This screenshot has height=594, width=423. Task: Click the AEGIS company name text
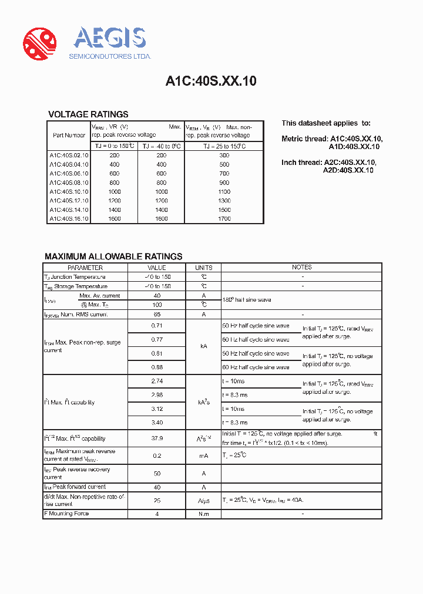(x=109, y=38)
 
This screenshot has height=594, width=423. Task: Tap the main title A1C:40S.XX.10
(x=211, y=82)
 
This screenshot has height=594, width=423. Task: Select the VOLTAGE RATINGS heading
(x=88, y=114)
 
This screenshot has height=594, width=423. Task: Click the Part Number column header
(x=69, y=135)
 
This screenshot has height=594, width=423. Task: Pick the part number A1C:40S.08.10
(x=69, y=183)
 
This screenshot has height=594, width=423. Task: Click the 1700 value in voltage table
(x=224, y=219)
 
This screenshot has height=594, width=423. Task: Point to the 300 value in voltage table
(x=224, y=156)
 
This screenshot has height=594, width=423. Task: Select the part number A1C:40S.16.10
(x=69, y=219)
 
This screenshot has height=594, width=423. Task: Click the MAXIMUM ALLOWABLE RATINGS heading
(x=113, y=256)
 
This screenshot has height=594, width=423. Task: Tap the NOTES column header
(x=302, y=268)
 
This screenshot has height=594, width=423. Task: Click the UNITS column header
(x=204, y=268)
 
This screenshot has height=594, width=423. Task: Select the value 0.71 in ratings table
(x=157, y=325)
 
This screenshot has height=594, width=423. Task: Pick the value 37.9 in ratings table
(x=157, y=438)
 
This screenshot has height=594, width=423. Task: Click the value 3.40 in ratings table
(x=157, y=422)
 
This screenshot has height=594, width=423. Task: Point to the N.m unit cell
(x=204, y=514)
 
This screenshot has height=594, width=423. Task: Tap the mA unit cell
(x=204, y=455)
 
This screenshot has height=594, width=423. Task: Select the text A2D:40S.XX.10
(x=348, y=170)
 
